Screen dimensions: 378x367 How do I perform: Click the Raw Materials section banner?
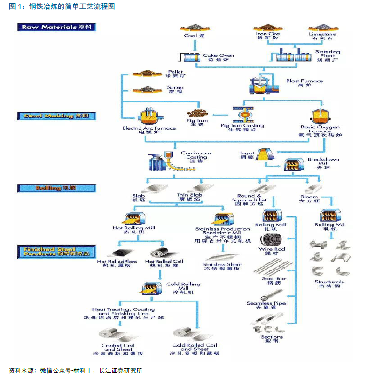point(57,27)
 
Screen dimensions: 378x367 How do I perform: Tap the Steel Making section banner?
point(57,116)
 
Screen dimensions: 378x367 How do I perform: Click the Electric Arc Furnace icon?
point(148,116)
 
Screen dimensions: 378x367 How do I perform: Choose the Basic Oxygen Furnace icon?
point(320,116)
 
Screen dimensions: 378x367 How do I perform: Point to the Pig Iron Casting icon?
point(242,114)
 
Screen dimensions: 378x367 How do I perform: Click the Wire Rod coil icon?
point(272,239)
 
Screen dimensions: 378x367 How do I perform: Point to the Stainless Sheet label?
point(222,267)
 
